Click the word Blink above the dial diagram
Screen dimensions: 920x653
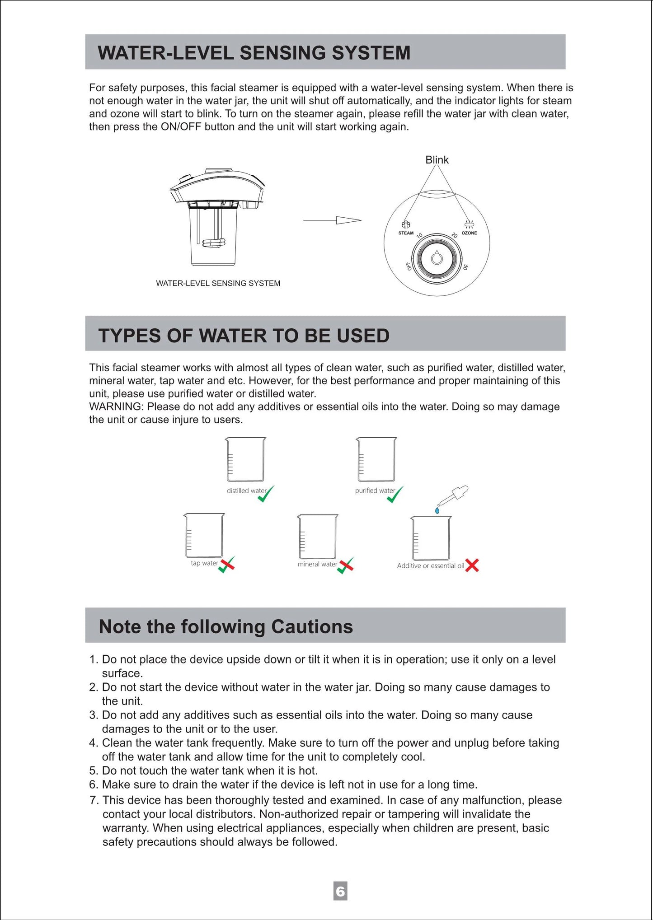437,160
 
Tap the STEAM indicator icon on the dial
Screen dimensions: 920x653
406,224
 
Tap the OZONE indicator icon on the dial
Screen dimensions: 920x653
469,224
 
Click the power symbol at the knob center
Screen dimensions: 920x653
437,258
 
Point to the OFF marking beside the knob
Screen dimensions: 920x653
409,266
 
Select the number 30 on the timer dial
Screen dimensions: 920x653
465,267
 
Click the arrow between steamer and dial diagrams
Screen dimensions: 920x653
332,220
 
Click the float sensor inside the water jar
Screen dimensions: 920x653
214,243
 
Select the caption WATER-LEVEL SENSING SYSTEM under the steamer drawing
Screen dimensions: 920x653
218,283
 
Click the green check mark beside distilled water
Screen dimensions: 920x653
266,494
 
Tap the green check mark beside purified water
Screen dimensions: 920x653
395,495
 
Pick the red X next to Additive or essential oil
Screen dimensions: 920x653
472,565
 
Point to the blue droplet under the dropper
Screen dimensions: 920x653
437,511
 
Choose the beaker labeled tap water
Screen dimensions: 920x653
204,536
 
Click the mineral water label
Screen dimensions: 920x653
317,564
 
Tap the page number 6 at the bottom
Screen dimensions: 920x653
340,891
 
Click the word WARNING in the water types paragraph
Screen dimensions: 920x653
115,406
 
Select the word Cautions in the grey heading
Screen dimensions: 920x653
312,626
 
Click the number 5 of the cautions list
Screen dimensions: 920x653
93,771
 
